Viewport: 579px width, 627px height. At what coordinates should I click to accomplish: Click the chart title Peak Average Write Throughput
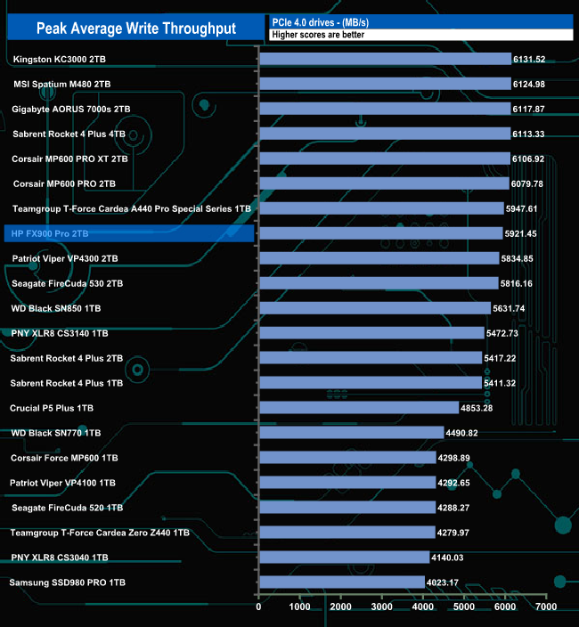136,28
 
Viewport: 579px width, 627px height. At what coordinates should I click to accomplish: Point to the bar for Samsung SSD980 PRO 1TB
341,582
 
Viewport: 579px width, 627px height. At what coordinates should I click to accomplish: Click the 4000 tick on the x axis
422,607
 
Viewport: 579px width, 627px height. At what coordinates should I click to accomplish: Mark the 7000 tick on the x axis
545,607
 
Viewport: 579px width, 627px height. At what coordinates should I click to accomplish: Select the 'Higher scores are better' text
318,35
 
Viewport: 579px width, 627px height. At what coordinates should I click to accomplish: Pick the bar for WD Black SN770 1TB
351,433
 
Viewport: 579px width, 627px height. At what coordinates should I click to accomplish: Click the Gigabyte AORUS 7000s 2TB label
71,109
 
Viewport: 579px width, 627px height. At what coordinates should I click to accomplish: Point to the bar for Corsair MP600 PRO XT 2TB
384,159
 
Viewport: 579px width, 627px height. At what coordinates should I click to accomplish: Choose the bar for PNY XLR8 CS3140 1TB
371,333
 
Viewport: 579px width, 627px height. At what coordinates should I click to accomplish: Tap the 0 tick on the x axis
258,607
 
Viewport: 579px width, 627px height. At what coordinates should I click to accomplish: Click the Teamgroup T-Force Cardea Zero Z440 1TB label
100,533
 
